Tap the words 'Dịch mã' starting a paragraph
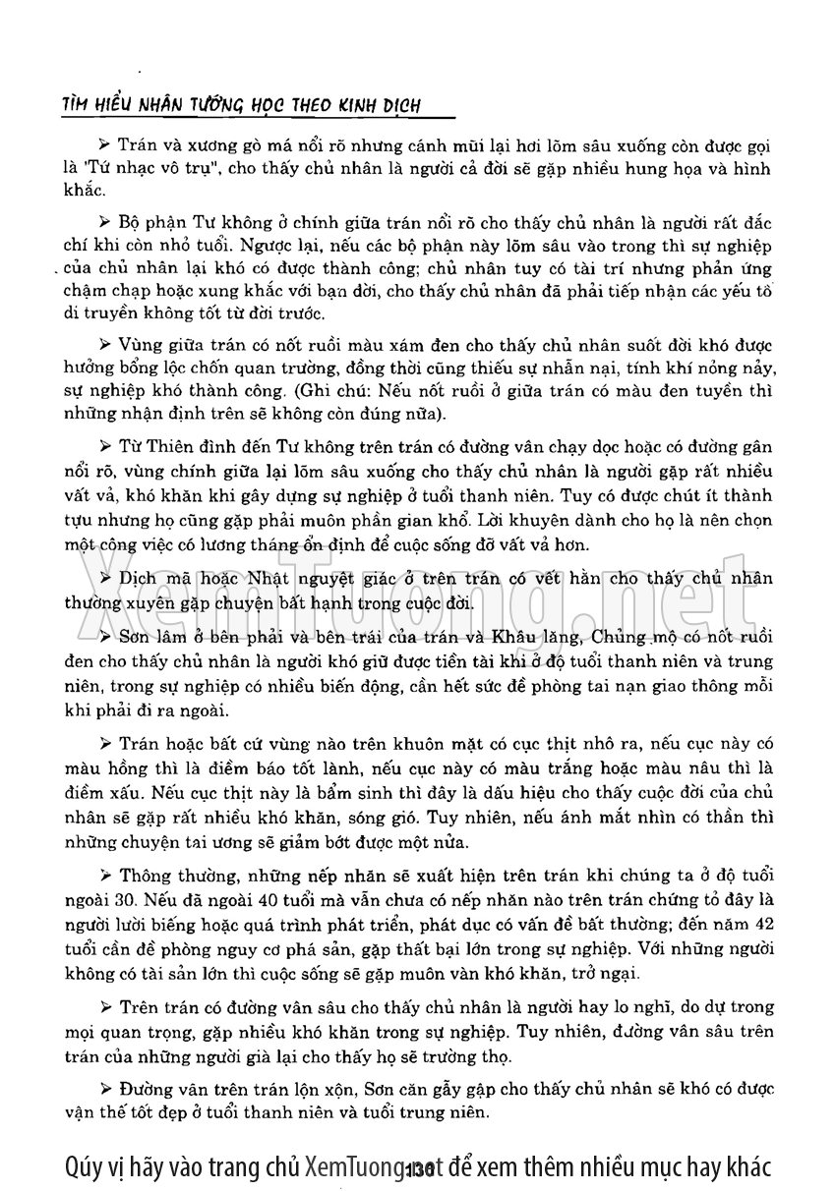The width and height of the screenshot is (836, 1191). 151,579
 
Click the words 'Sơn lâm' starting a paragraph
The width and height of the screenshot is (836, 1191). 153,636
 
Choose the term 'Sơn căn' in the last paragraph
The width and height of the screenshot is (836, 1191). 393,1089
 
